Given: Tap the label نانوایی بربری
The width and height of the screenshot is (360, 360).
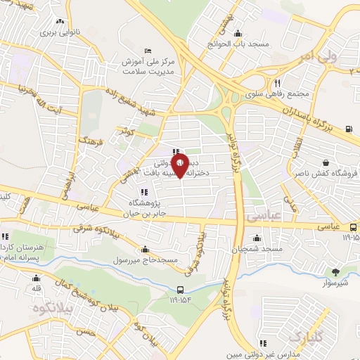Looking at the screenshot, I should pyautogui.click(x=58, y=32).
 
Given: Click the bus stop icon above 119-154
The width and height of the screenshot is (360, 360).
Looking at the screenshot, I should pyautogui.click(x=181, y=290).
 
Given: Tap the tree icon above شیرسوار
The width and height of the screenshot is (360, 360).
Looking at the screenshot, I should pyautogui.click(x=337, y=272).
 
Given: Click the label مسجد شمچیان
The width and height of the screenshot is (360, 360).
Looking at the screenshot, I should pyautogui.click(x=262, y=249).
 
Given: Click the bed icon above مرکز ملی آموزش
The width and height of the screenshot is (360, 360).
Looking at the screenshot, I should pyautogui.click(x=146, y=51).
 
